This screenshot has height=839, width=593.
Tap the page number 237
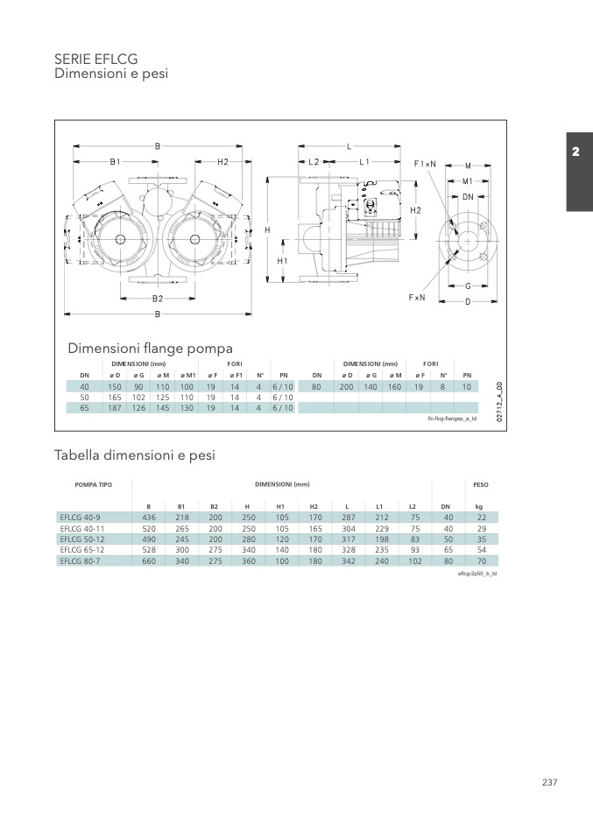(x=549, y=782)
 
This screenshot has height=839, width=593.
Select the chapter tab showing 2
(x=575, y=152)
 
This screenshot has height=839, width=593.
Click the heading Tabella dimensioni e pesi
(x=135, y=455)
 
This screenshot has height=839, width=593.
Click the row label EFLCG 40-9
(x=81, y=518)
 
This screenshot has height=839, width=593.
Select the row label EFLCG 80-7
(x=81, y=561)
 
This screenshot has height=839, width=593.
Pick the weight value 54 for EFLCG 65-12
(x=481, y=550)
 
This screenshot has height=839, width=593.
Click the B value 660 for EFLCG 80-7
(x=149, y=561)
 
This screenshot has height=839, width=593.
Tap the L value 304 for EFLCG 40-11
(x=349, y=528)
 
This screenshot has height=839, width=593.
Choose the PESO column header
(x=481, y=483)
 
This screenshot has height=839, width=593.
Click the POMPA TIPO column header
(x=94, y=483)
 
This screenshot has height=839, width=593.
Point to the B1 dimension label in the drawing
(x=114, y=162)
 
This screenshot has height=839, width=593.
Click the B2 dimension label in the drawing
(x=157, y=299)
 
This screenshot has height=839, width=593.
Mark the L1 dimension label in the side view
(x=365, y=162)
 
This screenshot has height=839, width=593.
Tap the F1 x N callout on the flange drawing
(x=425, y=164)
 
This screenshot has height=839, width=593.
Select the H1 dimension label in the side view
(x=282, y=261)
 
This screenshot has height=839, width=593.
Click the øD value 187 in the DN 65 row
(x=114, y=407)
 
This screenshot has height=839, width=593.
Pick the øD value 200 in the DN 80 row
(x=346, y=386)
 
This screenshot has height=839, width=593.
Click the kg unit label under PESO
(x=479, y=506)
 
